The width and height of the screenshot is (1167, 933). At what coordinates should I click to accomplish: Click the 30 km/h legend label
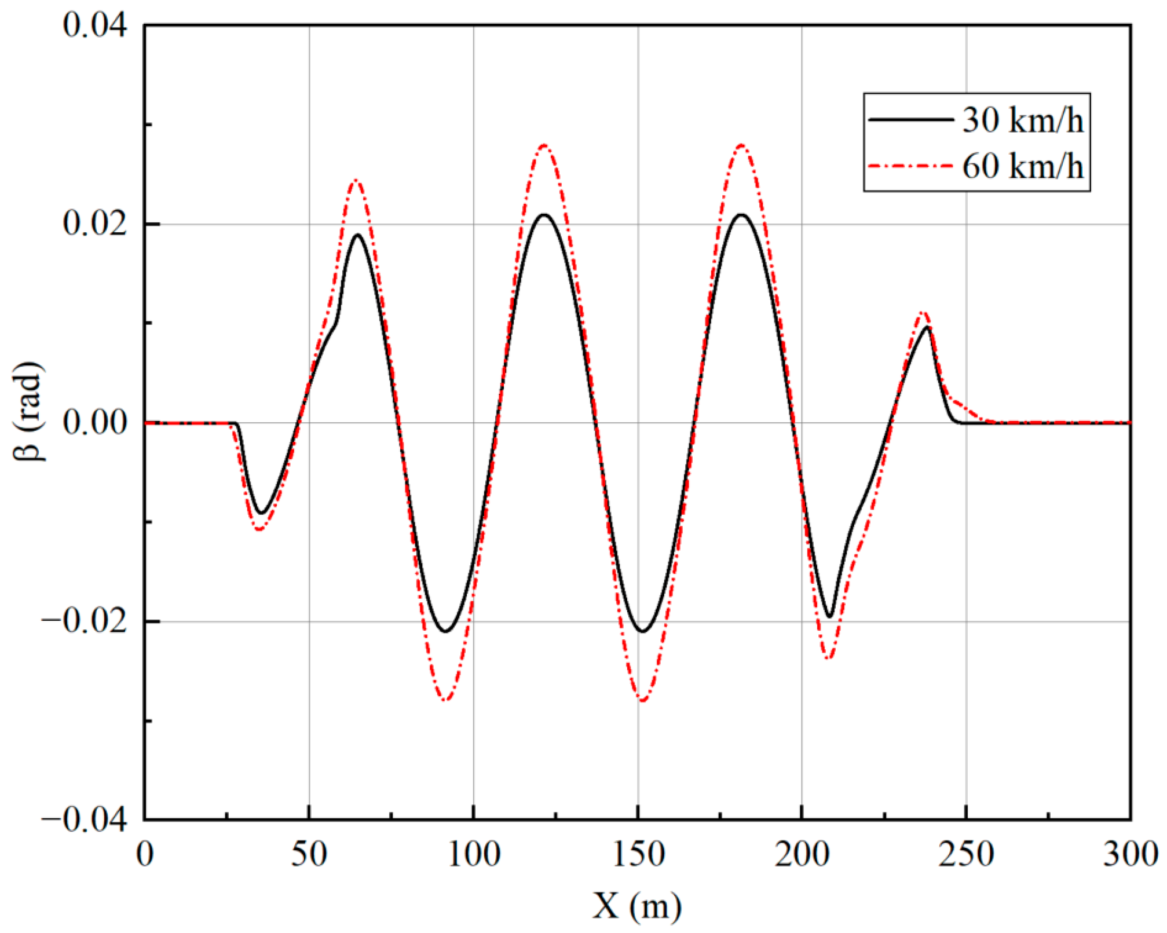1023,121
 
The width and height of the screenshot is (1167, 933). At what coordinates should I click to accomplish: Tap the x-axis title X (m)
636,905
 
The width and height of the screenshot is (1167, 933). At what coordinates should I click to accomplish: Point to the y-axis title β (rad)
27,411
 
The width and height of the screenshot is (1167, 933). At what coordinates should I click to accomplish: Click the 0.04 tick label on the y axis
94,25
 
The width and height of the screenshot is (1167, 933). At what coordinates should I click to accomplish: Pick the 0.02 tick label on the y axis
94,224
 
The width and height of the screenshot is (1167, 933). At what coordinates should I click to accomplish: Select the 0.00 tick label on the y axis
94,423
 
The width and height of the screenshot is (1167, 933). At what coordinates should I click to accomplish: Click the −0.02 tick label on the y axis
84,621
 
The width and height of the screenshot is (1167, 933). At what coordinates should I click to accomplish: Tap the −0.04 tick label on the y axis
84,820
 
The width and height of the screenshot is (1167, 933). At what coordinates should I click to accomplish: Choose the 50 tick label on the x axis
309,854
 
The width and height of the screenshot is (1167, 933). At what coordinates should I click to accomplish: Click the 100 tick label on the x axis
474,854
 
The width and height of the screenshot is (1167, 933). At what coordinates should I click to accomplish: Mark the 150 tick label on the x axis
638,854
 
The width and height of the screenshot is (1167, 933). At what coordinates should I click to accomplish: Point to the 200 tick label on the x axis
802,854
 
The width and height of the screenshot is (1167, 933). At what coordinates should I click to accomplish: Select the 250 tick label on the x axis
966,854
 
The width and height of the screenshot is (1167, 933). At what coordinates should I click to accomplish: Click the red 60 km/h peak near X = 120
544,145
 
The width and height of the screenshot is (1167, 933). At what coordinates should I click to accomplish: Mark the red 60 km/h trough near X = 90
445,700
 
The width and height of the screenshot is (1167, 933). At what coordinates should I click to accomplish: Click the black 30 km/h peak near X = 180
741,215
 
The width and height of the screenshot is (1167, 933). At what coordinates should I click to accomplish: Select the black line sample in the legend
910,119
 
